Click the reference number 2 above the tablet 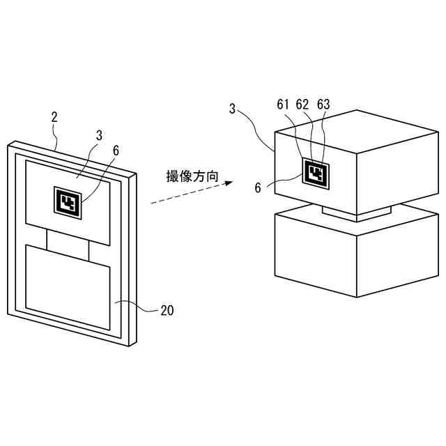[x=54, y=117]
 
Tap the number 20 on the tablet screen [x=167, y=311]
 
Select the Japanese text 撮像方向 [x=192, y=176]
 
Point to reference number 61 [x=282, y=105]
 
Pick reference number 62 [x=302, y=105]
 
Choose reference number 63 [x=323, y=105]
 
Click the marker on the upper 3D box [x=316, y=172]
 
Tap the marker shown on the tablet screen [x=68, y=202]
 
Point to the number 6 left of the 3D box [x=257, y=188]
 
